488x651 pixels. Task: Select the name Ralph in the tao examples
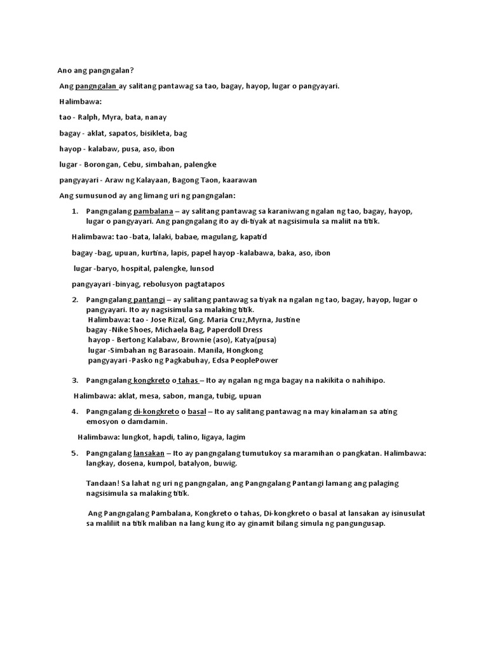click(x=89, y=118)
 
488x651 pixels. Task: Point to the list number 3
click(x=75, y=380)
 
